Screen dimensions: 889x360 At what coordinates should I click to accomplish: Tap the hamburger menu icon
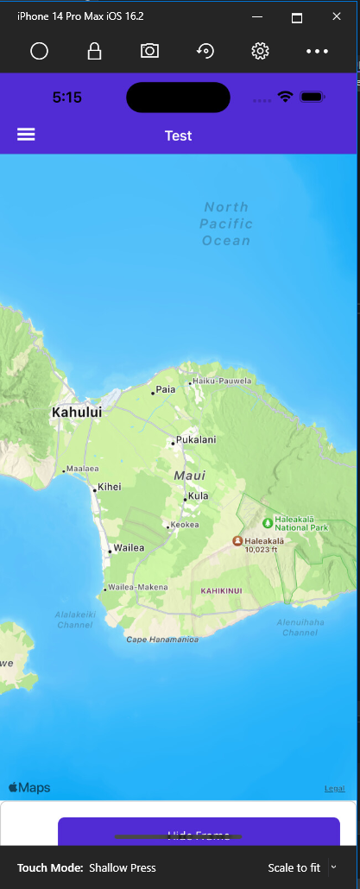pos(26,135)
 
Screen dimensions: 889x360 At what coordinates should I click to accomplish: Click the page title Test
pos(178,136)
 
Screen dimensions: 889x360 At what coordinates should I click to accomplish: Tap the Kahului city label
pos(77,413)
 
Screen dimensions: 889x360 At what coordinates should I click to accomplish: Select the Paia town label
pos(165,389)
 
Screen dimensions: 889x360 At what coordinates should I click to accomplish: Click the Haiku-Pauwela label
pos(222,381)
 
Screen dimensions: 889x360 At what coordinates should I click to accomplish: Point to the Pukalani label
pos(196,440)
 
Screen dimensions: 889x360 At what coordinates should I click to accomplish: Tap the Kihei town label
pos(110,487)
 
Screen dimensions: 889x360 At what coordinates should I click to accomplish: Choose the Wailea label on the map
pos(129,548)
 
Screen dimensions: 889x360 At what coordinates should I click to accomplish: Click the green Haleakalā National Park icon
pos(267,522)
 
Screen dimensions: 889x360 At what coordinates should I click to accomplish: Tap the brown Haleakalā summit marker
pos(237,540)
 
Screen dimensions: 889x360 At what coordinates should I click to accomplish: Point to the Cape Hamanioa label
pos(162,640)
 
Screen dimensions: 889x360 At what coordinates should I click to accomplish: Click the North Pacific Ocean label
pos(226,224)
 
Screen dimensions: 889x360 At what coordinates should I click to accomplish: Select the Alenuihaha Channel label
pos(300,627)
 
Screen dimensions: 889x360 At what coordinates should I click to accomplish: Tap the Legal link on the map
pos(334,788)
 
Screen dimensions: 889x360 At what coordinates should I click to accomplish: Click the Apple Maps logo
pos(29,787)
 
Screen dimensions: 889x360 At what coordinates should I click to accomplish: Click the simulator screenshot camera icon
pos(149,51)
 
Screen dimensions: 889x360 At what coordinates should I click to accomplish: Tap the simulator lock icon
pos(94,51)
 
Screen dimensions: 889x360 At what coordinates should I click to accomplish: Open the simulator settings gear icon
pos(260,51)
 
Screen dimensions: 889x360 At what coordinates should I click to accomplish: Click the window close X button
pos(336,16)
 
